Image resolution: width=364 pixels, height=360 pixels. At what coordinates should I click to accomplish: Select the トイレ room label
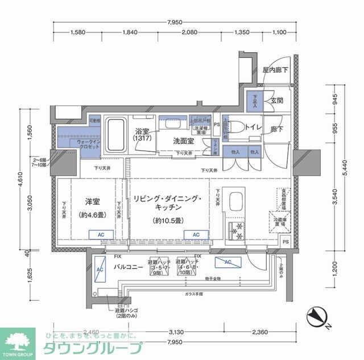pos(253,128)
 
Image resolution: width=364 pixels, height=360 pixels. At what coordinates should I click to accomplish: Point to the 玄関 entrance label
pos(277,100)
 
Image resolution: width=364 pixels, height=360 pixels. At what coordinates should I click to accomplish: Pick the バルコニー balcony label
pos(127,266)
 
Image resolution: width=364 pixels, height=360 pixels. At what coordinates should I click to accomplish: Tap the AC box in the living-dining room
pos(196,234)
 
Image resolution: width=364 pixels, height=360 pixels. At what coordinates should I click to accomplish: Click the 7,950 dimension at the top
pos(175,22)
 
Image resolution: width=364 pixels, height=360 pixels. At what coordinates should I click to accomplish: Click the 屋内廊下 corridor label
pos(275,70)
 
